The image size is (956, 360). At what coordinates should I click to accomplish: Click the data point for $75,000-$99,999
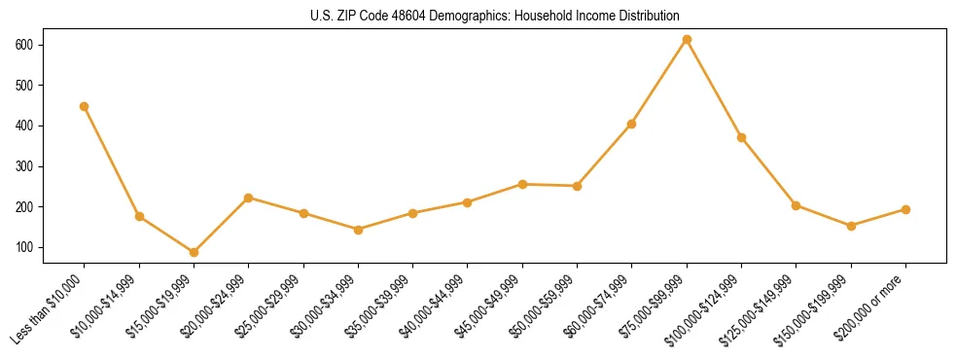coord(687,40)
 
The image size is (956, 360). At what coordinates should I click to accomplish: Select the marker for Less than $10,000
coord(85,106)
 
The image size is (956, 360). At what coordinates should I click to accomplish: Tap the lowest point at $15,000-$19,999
coord(194,252)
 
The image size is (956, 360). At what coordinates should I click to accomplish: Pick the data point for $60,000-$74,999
coord(632,124)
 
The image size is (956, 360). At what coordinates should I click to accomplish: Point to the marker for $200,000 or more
coord(905,209)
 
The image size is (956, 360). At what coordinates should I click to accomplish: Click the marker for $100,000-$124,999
coord(741,137)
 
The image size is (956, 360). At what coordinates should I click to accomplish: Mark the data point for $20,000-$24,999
coord(249,198)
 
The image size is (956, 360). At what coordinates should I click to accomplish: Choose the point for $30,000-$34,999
coord(358,230)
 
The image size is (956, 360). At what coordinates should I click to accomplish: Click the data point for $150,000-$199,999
coord(851,226)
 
